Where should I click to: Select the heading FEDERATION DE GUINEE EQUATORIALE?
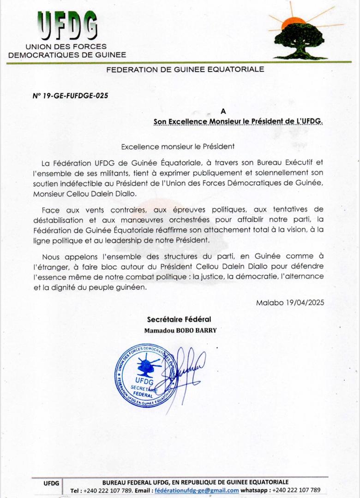[x=185, y=70]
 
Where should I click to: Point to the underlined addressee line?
[x=239, y=121]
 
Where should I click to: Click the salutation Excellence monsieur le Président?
[x=178, y=147]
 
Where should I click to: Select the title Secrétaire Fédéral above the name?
[x=179, y=319]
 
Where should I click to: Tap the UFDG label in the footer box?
[x=51, y=483]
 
